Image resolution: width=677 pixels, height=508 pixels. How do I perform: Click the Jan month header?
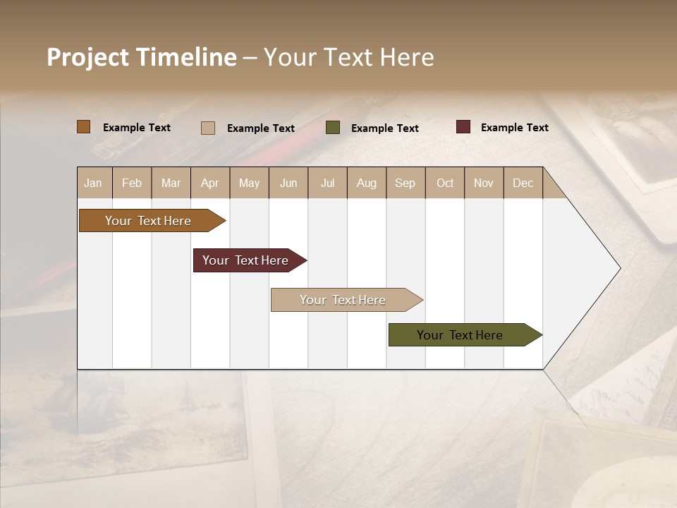pyautogui.click(x=94, y=183)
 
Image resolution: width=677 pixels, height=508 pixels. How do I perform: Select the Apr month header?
pyautogui.click(x=209, y=183)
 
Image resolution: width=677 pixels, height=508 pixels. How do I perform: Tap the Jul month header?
pyautogui.click(x=327, y=183)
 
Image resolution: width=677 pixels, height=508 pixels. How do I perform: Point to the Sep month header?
pyautogui.click(x=405, y=183)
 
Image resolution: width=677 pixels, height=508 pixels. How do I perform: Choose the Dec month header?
pyautogui.click(x=523, y=183)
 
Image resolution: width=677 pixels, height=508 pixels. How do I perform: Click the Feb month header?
pyautogui.click(x=132, y=183)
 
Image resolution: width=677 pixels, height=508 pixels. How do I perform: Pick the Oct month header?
pyautogui.click(x=445, y=183)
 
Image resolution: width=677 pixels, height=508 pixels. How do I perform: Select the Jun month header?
pyautogui.click(x=288, y=183)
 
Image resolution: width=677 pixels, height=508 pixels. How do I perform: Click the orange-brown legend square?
pyautogui.click(x=84, y=127)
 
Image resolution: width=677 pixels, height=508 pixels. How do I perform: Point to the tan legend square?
pyautogui.click(x=208, y=128)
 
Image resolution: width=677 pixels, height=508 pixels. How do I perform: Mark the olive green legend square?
pyautogui.click(x=333, y=128)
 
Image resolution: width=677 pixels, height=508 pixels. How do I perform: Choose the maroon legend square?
pyautogui.click(x=463, y=127)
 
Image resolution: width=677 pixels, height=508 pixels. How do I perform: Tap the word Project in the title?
pyautogui.click(x=88, y=57)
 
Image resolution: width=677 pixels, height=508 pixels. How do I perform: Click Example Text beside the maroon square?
pyautogui.click(x=514, y=128)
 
